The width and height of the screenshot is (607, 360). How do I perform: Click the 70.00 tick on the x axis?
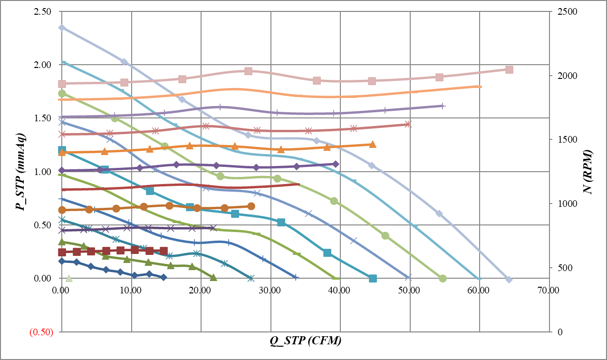tap(548, 290)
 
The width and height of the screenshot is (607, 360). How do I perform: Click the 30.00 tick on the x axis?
tap(270, 290)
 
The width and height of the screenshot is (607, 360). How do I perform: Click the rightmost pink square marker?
tap(509, 69)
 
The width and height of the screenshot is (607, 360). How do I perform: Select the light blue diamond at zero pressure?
tap(509, 279)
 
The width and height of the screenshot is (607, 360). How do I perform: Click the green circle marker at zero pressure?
tap(443, 278)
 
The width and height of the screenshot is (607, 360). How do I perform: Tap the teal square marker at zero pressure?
tap(373, 278)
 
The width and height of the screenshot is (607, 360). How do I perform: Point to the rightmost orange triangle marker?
tap(373, 144)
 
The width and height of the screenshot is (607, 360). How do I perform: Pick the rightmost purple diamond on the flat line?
tap(336, 164)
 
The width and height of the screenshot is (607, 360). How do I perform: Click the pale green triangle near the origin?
tap(68, 278)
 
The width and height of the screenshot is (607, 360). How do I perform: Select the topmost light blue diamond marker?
tap(62, 28)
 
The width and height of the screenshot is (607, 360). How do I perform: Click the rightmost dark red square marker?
tap(164, 251)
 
